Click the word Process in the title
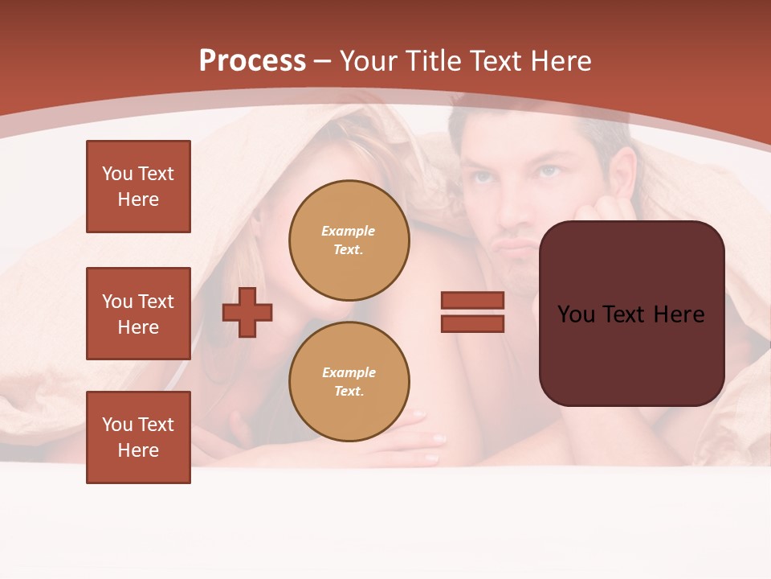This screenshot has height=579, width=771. click(252, 61)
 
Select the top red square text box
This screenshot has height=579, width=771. click(138, 187)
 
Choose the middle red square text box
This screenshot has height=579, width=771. click(138, 314)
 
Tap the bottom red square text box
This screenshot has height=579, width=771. click(138, 437)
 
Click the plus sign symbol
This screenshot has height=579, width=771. click(247, 312)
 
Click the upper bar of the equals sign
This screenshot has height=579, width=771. click(472, 301)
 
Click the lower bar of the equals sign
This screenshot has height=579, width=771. click(472, 323)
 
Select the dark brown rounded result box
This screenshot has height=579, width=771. click(631, 314)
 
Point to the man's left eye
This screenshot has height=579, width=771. click(549, 170)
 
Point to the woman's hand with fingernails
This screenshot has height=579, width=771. click(418, 438)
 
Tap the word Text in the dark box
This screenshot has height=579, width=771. click(631, 314)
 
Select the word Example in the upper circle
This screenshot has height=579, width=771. click(349, 231)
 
